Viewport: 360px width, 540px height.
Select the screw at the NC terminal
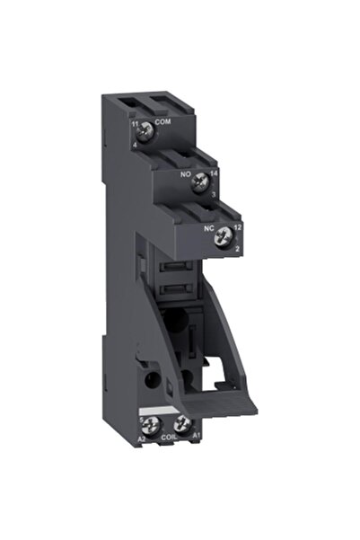224,230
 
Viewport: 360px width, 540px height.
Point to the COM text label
162,121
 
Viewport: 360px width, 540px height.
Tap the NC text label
209,228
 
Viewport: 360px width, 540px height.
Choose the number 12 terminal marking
237,228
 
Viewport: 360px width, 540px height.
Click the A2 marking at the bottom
142,439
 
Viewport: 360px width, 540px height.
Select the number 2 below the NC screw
235,245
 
